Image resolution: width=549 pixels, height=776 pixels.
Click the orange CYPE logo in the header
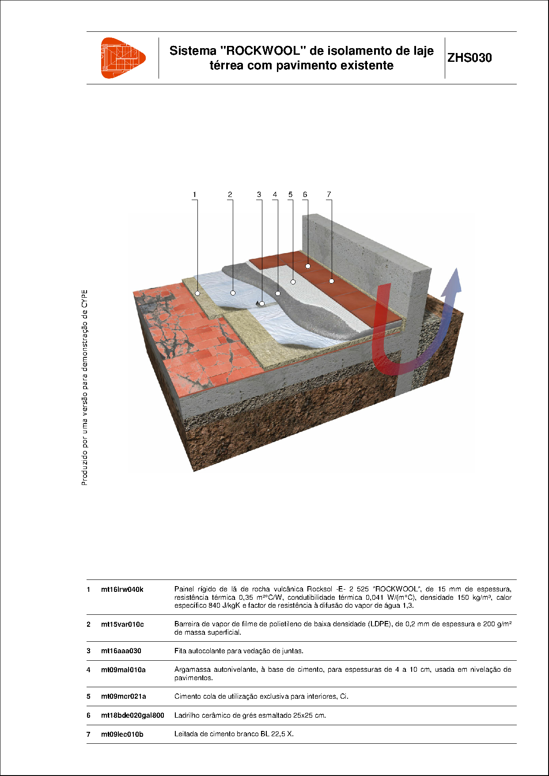[x=122, y=58]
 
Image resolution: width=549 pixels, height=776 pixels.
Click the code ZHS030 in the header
[x=469, y=58]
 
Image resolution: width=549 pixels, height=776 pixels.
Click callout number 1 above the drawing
[x=194, y=194]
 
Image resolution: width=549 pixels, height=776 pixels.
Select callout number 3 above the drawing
[x=259, y=194]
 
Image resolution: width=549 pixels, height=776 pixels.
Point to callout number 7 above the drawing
[x=329, y=194]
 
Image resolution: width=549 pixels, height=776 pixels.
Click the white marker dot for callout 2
[x=233, y=293]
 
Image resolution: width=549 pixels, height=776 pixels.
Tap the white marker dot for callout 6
[x=308, y=266]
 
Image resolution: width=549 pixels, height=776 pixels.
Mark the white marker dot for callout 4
[x=278, y=293]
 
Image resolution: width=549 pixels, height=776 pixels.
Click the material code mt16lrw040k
[x=122, y=589]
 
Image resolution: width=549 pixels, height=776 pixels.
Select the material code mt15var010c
[x=122, y=624]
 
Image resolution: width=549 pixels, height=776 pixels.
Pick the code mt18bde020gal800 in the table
[x=133, y=715]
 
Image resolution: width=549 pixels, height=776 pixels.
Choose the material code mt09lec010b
[x=122, y=734]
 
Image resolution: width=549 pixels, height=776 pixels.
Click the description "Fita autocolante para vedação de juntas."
[x=239, y=651]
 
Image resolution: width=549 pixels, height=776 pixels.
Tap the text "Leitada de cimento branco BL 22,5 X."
[x=234, y=734]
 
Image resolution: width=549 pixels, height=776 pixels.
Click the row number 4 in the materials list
[x=89, y=670]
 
